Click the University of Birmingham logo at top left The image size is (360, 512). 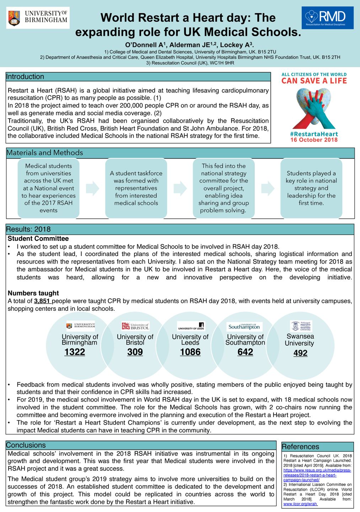[x=38, y=17]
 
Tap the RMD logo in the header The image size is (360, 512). [x=328, y=17]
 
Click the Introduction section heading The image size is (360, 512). [x=25, y=77]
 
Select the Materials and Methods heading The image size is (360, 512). [x=45, y=153]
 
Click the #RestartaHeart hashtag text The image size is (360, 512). [x=314, y=134]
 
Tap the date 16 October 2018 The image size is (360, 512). [x=314, y=140]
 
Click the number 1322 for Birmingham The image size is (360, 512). [x=75, y=352]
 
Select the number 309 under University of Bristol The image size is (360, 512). [x=135, y=352]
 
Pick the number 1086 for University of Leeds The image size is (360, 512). [x=190, y=352]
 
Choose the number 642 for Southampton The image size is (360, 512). [x=245, y=352]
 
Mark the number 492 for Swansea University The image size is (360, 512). [x=300, y=353]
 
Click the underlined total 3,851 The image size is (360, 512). [x=43, y=301]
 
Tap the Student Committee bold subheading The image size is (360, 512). [x=38, y=239]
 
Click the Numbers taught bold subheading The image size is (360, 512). [x=33, y=293]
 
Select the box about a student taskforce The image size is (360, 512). [x=136, y=188]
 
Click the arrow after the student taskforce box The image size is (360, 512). [x=180, y=188]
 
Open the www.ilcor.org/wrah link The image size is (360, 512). [x=300, y=504]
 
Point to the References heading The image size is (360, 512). [x=300, y=447]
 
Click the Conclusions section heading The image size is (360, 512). [x=26, y=445]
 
